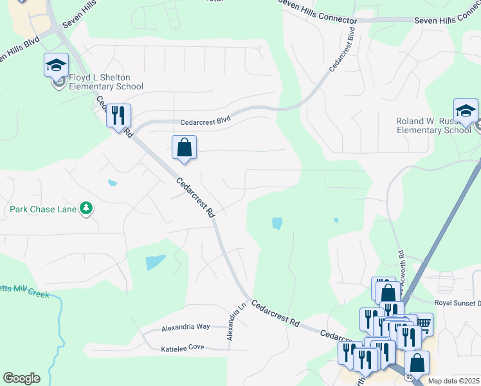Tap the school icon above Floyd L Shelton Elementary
[x=56, y=65]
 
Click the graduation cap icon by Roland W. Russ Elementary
[x=466, y=110]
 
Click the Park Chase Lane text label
[x=43, y=209]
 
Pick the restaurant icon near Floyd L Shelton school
[x=118, y=116]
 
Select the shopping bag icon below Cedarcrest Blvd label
[x=184, y=147]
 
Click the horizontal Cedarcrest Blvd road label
[x=205, y=120]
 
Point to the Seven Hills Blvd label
[x=19, y=50]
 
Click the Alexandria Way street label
[x=185, y=327]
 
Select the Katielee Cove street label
[x=183, y=348]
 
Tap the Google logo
[x=21, y=378]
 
